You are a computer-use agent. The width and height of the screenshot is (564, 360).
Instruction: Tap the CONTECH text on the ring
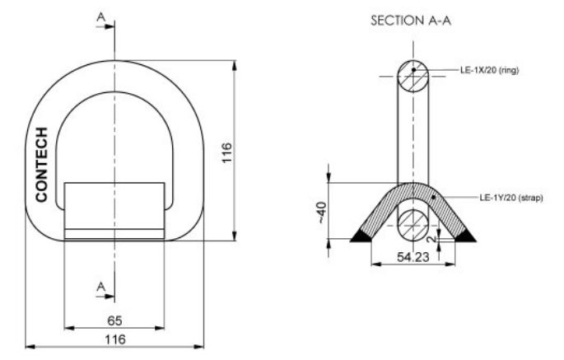[x=42, y=165]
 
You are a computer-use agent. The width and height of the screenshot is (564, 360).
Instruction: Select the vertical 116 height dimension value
[x=226, y=153]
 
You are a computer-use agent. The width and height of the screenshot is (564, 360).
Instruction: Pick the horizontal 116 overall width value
[x=114, y=339]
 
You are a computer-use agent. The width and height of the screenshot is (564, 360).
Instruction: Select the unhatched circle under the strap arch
[x=413, y=222]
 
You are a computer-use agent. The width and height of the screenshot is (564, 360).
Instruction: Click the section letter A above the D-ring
[x=101, y=16]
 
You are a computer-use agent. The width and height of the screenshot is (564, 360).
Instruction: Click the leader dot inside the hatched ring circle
[x=413, y=71]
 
